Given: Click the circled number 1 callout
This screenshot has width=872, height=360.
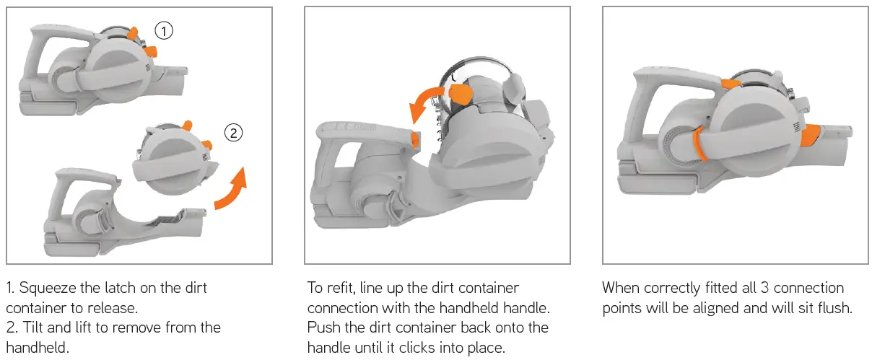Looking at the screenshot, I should pyautogui.click(x=165, y=30).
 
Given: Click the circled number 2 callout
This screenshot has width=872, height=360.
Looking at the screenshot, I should pyautogui.click(x=232, y=133).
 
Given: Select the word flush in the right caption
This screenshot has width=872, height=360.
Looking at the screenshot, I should pyautogui.click(x=836, y=307).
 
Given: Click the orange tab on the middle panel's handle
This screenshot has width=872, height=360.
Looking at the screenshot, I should pyautogui.click(x=414, y=138).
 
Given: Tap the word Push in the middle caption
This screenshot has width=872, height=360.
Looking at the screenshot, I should pyautogui.click(x=322, y=328).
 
